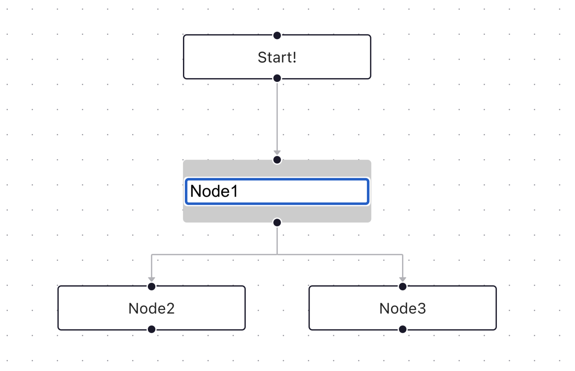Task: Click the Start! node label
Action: (x=277, y=57)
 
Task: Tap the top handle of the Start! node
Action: (x=277, y=36)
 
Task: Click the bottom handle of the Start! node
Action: (x=277, y=78)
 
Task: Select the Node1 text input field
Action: (x=277, y=191)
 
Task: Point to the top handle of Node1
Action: (x=277, y=160)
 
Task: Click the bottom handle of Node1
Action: (x=277, y=222)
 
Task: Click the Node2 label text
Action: (x=151, y=308)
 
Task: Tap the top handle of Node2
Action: (x=152, y=286)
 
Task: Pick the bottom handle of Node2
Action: (x=152, y=329)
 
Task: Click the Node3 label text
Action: (x=402, y=308)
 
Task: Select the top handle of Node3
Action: (x=403, y=286)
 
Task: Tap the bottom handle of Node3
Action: (x=403, y=329)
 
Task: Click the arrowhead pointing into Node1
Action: (x=277, y=152)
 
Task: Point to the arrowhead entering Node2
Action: (x=152, y=279)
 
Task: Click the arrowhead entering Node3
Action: (x=403, y=279)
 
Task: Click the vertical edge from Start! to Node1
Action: (x=277, y=116)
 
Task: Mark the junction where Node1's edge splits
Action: (x=277, y=255)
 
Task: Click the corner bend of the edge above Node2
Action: (x=152, y=255)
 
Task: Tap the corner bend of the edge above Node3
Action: (x=402, y=255)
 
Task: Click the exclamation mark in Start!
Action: (x=294, y=57)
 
